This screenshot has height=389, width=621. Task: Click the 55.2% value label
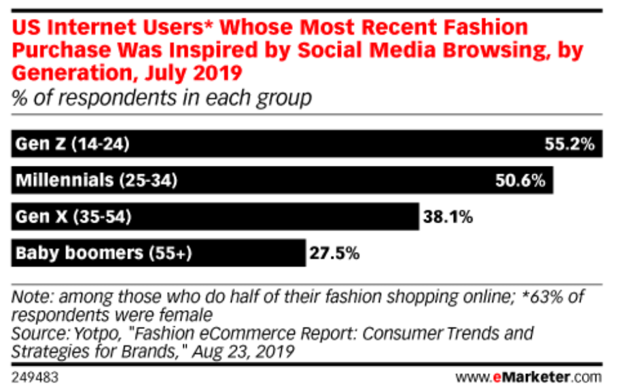pos(569,144)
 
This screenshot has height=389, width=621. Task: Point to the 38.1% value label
pos(448,218)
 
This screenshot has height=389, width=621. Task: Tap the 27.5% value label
pos(335,254)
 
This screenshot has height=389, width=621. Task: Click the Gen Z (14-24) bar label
pos(72,144)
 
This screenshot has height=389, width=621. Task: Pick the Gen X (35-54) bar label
pos(73,218)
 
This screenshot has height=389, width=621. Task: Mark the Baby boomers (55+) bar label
pos(104,254)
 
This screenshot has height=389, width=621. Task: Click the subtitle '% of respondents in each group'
pos(162,98)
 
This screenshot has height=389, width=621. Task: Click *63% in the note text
pos(544,297)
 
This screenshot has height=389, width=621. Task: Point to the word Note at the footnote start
pos(31,297)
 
